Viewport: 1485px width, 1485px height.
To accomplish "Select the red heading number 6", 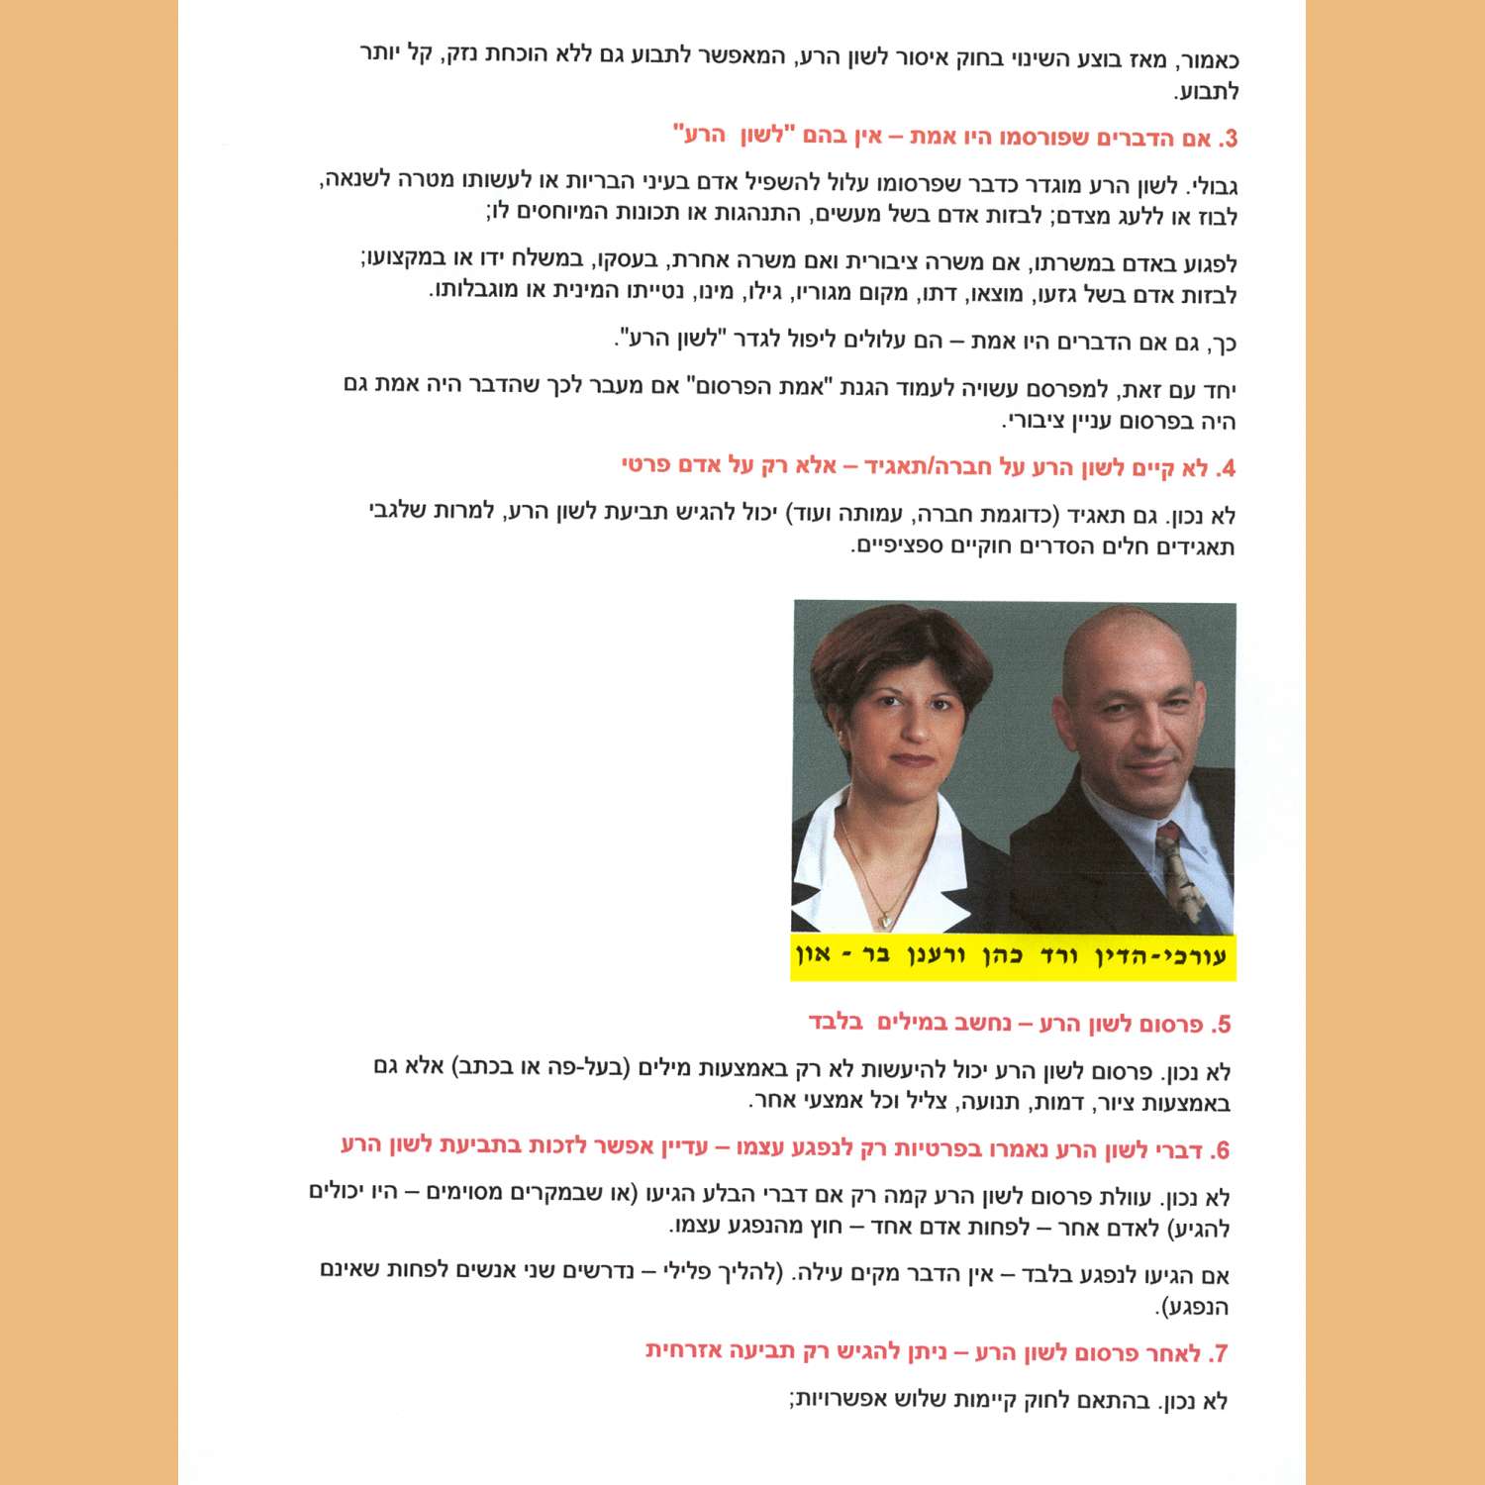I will pos(1221,1150).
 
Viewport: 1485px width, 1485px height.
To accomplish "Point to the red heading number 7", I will pos(1221,1353).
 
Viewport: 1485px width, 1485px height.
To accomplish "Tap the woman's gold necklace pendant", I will pos(888,919).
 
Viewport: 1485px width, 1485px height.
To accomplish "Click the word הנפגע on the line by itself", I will pos(1197,1307).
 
